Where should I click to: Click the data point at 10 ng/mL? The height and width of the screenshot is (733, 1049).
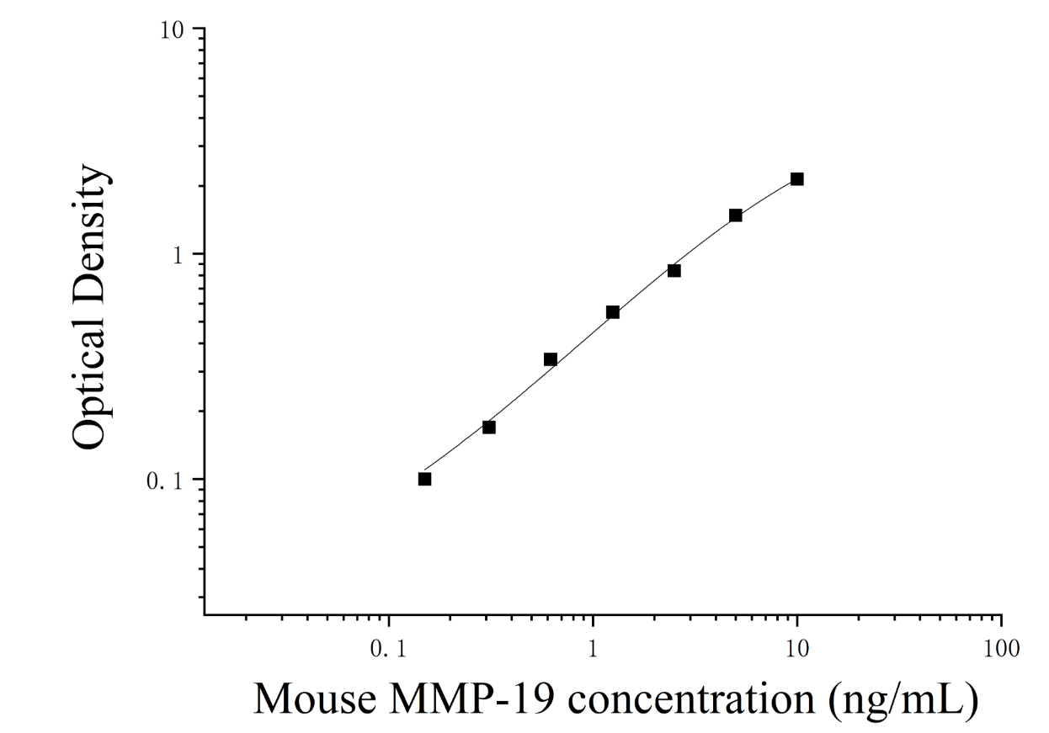click(797, 178)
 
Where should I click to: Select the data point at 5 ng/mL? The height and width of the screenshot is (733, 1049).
click(736, 215)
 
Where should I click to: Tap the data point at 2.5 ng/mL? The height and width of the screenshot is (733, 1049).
click(674, 270)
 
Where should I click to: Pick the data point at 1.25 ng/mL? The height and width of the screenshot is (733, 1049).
click(613, 312)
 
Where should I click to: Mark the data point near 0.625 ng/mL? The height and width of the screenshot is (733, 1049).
click(551, 359)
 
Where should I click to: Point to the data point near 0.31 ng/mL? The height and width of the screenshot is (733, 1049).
click(489, 428)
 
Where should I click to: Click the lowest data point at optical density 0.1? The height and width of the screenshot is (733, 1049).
click(425, 479)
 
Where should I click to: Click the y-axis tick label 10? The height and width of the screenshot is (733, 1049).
click(172, 31)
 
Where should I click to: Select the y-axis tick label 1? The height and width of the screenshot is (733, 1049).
click(178, 256)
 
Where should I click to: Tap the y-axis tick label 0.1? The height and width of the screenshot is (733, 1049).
click(164, 481)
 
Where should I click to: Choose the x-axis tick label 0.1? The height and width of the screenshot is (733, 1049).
click(388, 649)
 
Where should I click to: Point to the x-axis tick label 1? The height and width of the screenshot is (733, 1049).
click(593, 649)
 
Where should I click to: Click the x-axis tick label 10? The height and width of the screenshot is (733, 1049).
click(797, 649)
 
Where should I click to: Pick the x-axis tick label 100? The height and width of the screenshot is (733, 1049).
click(1002, 649)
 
